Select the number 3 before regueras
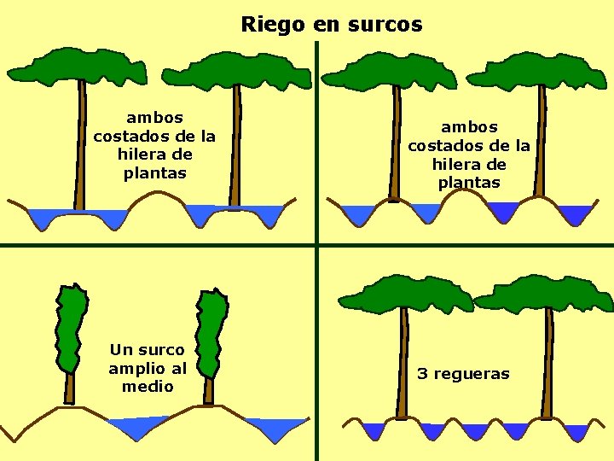[x=421, y=374]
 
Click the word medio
[x=148, y=387]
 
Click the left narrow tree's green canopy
[x=71, y=329]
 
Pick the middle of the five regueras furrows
[x=473, y=431]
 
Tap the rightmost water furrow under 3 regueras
[x=577, y=431]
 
